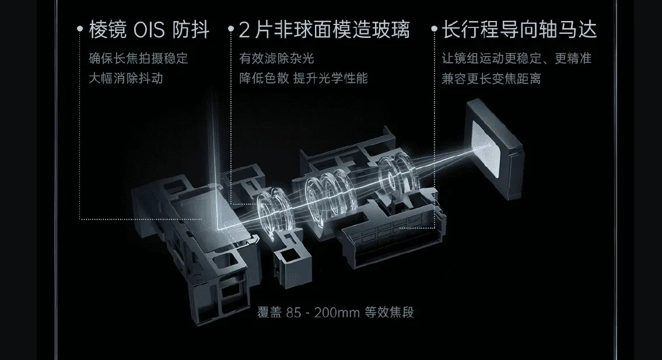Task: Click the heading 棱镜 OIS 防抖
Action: [x=149, y=30]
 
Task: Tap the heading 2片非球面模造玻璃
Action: [x=324, y=30]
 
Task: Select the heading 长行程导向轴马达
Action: [x=519, y=30]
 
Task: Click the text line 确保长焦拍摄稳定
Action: [x=138, y=58]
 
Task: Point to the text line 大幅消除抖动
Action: [x=126, y=78]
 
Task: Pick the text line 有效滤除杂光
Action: [x=276, y=58]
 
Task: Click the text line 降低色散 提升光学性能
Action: [x=303, y=78]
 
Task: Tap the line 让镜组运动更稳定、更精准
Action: [x=517, y=58]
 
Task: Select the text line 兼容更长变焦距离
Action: [x=492, y=78]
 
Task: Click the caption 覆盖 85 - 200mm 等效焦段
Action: [x=335, y=313]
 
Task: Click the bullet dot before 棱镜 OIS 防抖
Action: [x=80, y=29]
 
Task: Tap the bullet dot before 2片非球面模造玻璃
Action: [x=230, y=29]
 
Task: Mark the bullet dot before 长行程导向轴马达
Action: [x=434, y=29]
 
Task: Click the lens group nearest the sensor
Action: [x=396, y=176]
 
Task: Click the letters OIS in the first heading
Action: [x=149, y=30]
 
